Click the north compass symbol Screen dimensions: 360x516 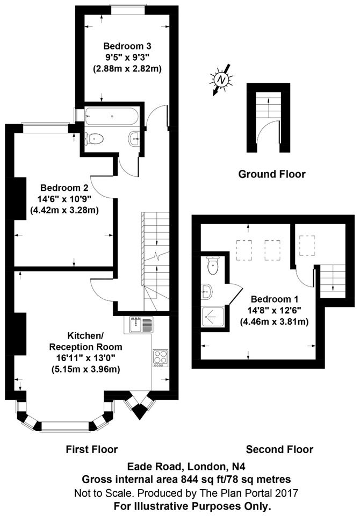(x=222, y=80)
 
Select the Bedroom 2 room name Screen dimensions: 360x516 (x=64, y=188)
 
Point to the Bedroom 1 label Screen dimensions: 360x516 (x=275, y=299)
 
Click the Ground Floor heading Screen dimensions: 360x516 (x=272, y=174)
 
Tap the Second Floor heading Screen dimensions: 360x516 (x=280, y=449)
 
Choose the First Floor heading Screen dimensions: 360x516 (x=92, y=449)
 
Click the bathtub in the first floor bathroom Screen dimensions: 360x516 (x=110, y=116)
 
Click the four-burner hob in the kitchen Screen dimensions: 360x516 (x=160, y=359)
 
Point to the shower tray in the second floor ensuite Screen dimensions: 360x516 (x=213, y=317)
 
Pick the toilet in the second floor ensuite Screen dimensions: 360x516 (x=213, y=265)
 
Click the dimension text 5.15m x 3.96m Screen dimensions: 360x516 (x=85, y=369)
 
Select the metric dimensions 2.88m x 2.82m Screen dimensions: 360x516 (x=127, y=69)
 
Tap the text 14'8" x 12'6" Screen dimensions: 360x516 (x=275, y=310)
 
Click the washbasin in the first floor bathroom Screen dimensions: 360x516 (x=135, y=138)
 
